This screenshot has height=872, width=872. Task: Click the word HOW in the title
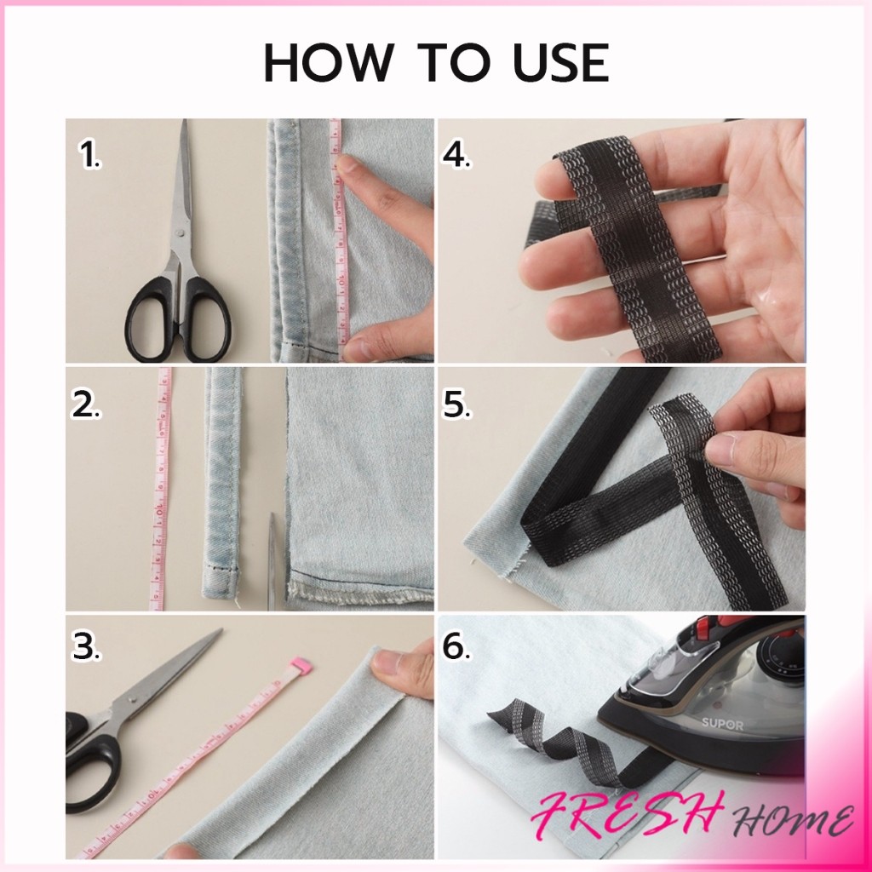pos(329,62)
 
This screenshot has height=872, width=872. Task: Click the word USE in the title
pos(561,62)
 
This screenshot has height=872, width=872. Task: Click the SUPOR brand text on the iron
pos(722,724)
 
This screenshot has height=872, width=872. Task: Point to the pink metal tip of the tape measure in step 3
pos(301,664)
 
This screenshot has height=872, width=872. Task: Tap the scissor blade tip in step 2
pos(272,515)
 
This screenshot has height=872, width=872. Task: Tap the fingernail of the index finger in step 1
pos(346,163)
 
